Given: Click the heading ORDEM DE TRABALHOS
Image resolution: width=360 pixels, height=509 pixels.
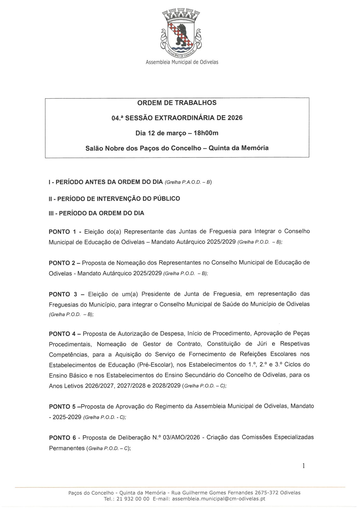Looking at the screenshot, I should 177,103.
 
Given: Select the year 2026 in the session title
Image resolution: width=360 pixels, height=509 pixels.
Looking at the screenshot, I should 235,118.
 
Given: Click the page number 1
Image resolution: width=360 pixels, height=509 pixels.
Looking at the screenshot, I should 303,466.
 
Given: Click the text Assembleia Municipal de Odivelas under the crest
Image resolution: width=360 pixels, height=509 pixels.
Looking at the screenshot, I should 182,62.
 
